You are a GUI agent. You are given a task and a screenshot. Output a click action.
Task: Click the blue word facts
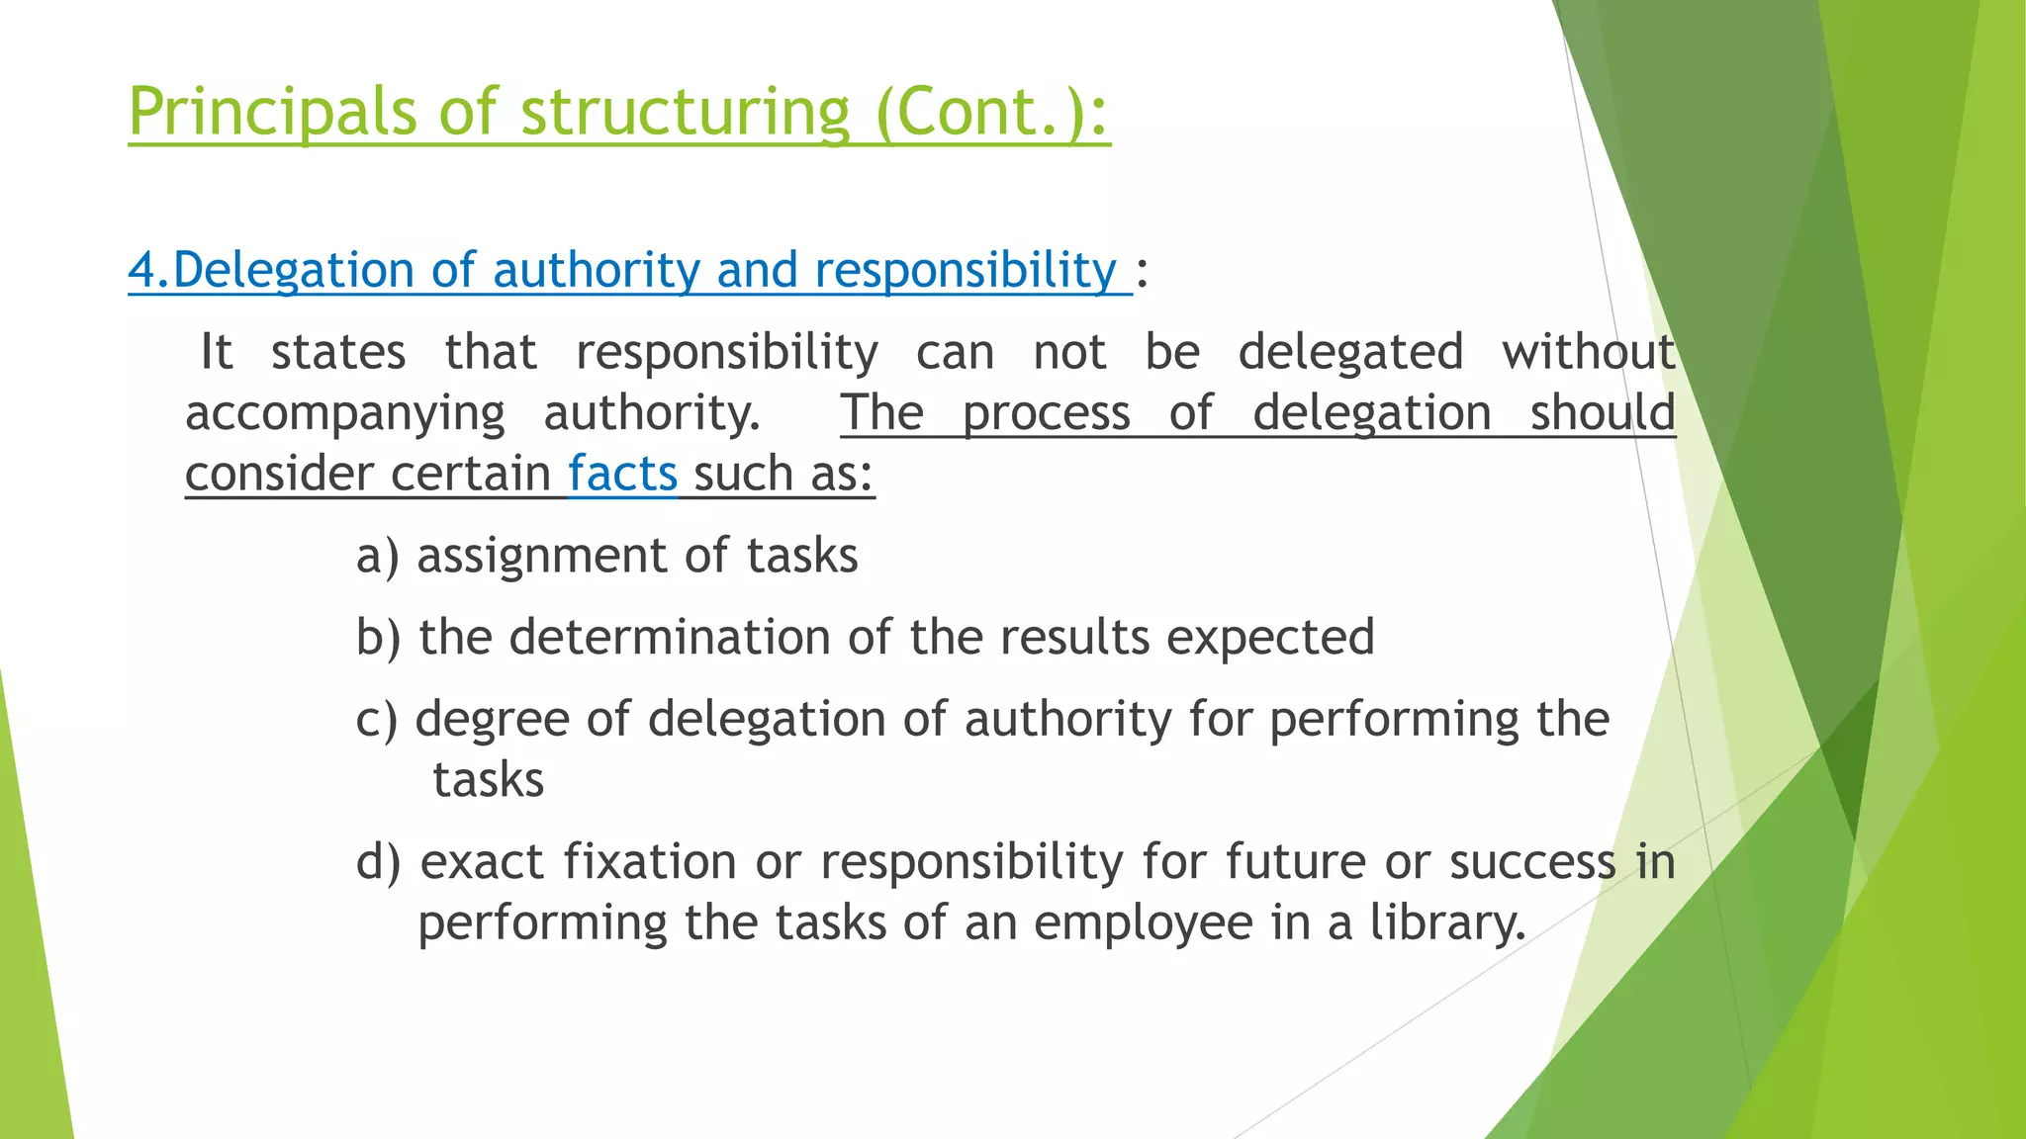622,474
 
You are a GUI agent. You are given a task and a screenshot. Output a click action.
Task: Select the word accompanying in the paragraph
344,413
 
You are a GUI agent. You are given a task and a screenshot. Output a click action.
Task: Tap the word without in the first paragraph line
1588,352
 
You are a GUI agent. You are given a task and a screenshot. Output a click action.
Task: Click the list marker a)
377,556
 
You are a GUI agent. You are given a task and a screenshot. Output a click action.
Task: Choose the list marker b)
378,637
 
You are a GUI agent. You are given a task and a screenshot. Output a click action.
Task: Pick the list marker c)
376,719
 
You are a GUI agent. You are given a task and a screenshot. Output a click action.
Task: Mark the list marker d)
379,861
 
